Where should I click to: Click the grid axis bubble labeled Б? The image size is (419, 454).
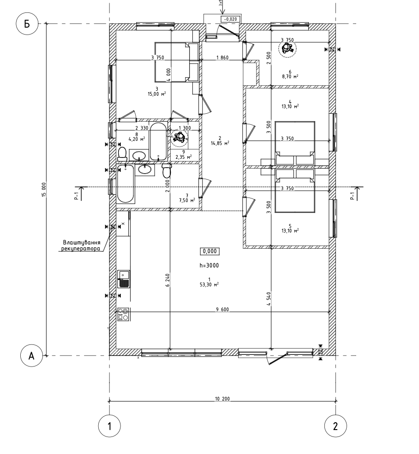pos(27,24)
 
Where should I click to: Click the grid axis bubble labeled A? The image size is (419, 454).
pos(31,356)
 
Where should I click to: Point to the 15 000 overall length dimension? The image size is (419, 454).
pos(44,189)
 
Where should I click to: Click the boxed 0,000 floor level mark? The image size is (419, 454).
pos(209,251)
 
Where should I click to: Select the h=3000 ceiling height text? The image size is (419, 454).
pos(209,265)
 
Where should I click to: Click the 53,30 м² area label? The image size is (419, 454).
pos(209,285)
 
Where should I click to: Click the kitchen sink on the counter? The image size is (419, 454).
pos(124,279)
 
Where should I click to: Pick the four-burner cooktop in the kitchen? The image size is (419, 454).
pos(123,314)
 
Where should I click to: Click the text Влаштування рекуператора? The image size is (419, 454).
pos(81,245)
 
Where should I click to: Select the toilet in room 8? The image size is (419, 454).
pos(122,152)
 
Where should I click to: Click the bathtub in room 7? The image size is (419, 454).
pos(126,184)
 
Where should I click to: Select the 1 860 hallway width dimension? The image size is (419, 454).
pos(223,58)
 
